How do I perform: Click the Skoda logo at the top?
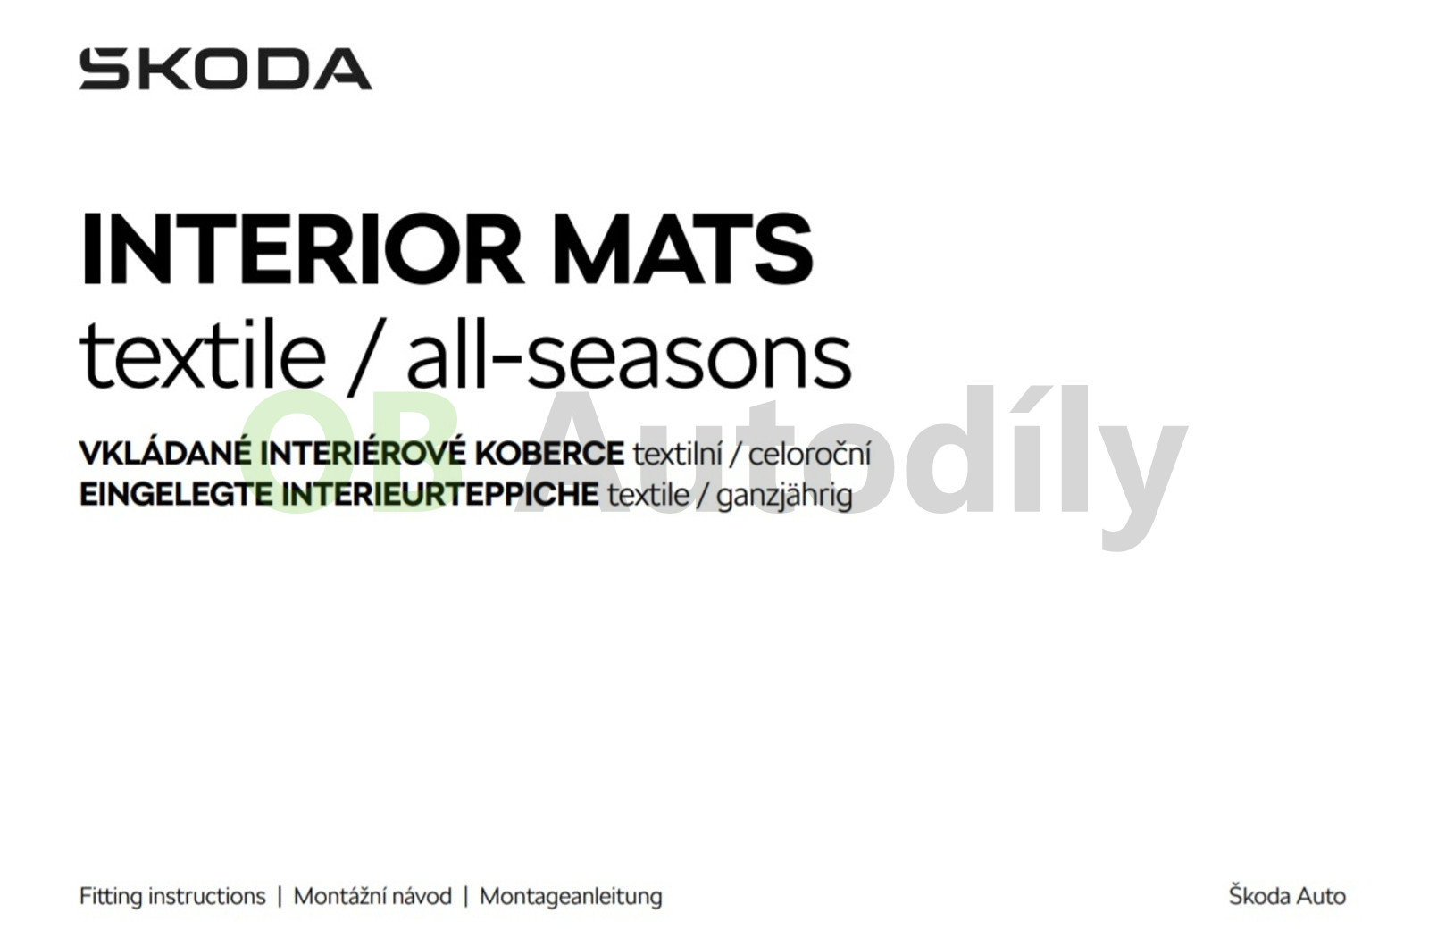coord(225,69)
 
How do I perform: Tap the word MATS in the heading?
coord(682,248)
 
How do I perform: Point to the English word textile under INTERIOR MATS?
coord(202,354)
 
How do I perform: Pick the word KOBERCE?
coord(549,453)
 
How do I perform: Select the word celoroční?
coord(809,455)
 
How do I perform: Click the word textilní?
coord(678,455)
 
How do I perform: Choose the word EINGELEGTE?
coord(176,495)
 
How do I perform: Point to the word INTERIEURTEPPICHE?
coord(439,495)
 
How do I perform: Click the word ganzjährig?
coord(784,497)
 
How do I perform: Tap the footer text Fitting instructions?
coord(172,897)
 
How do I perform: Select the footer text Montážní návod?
coord(372,897)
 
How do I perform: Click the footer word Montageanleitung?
coord(571,898)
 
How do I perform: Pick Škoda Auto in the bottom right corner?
coord(1287,895)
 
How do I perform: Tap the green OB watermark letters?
coord(352,452)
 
